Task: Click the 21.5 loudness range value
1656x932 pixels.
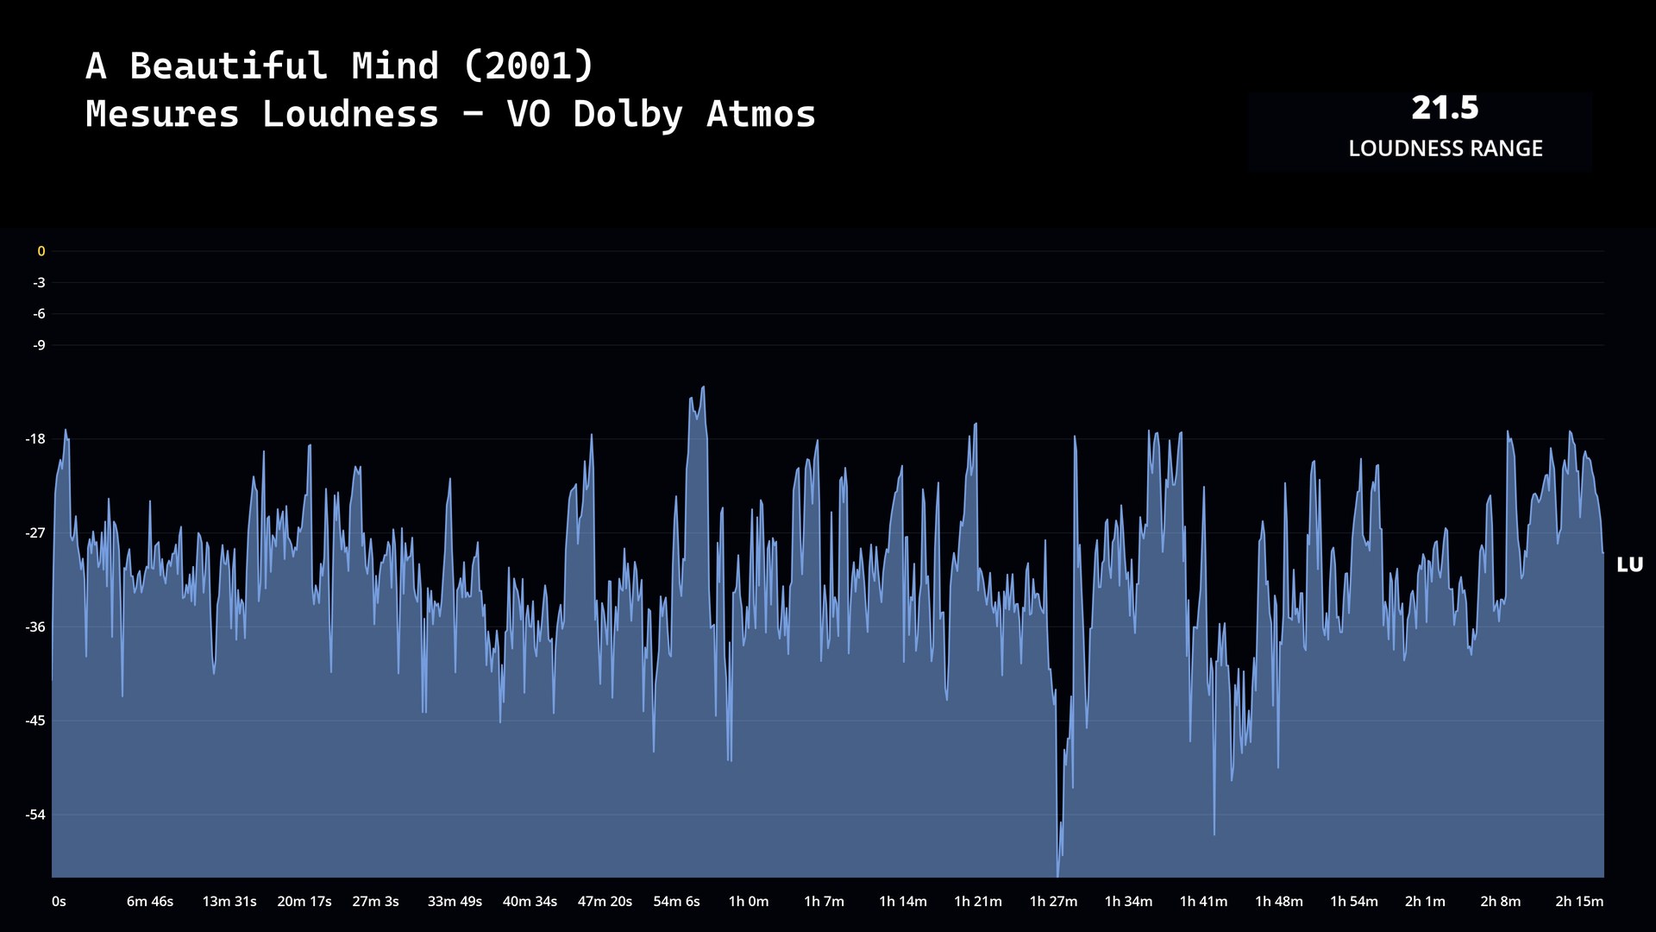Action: (x=1445, y=108)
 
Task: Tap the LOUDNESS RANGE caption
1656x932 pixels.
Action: (x=1445, y=148)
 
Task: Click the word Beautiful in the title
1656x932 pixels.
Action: (x=229, y=66)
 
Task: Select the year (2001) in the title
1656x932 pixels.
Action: (x=529, y=66)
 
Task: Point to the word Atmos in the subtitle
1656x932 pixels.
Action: (x=761, y=114)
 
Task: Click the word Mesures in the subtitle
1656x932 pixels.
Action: (x=162, y=114)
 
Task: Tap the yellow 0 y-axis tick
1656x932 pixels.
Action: (x=41, y=251)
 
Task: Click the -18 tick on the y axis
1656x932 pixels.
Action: (x=35, y=439)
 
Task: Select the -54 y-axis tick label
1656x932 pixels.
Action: (x=35, y=815)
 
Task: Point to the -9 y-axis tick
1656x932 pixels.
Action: (x=39, y=345)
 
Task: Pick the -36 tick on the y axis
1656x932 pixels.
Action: (x=35, y=627)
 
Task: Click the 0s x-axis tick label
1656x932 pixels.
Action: (x=59, y=901)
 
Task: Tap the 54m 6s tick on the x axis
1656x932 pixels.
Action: (x=676, y=901)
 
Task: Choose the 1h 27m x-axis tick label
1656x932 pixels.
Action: (x=1053, y=901)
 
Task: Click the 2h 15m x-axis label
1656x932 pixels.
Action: (x=1579, y=901)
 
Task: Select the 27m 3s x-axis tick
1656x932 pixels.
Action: (x=375, y=901)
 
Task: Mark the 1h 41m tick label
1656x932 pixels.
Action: (x=1203, y=901)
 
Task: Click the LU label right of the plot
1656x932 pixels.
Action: (x=1629, y=564)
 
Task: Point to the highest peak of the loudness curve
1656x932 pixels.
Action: (x=703, y=387)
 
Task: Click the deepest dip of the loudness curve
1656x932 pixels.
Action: (x=1057, y=873)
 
